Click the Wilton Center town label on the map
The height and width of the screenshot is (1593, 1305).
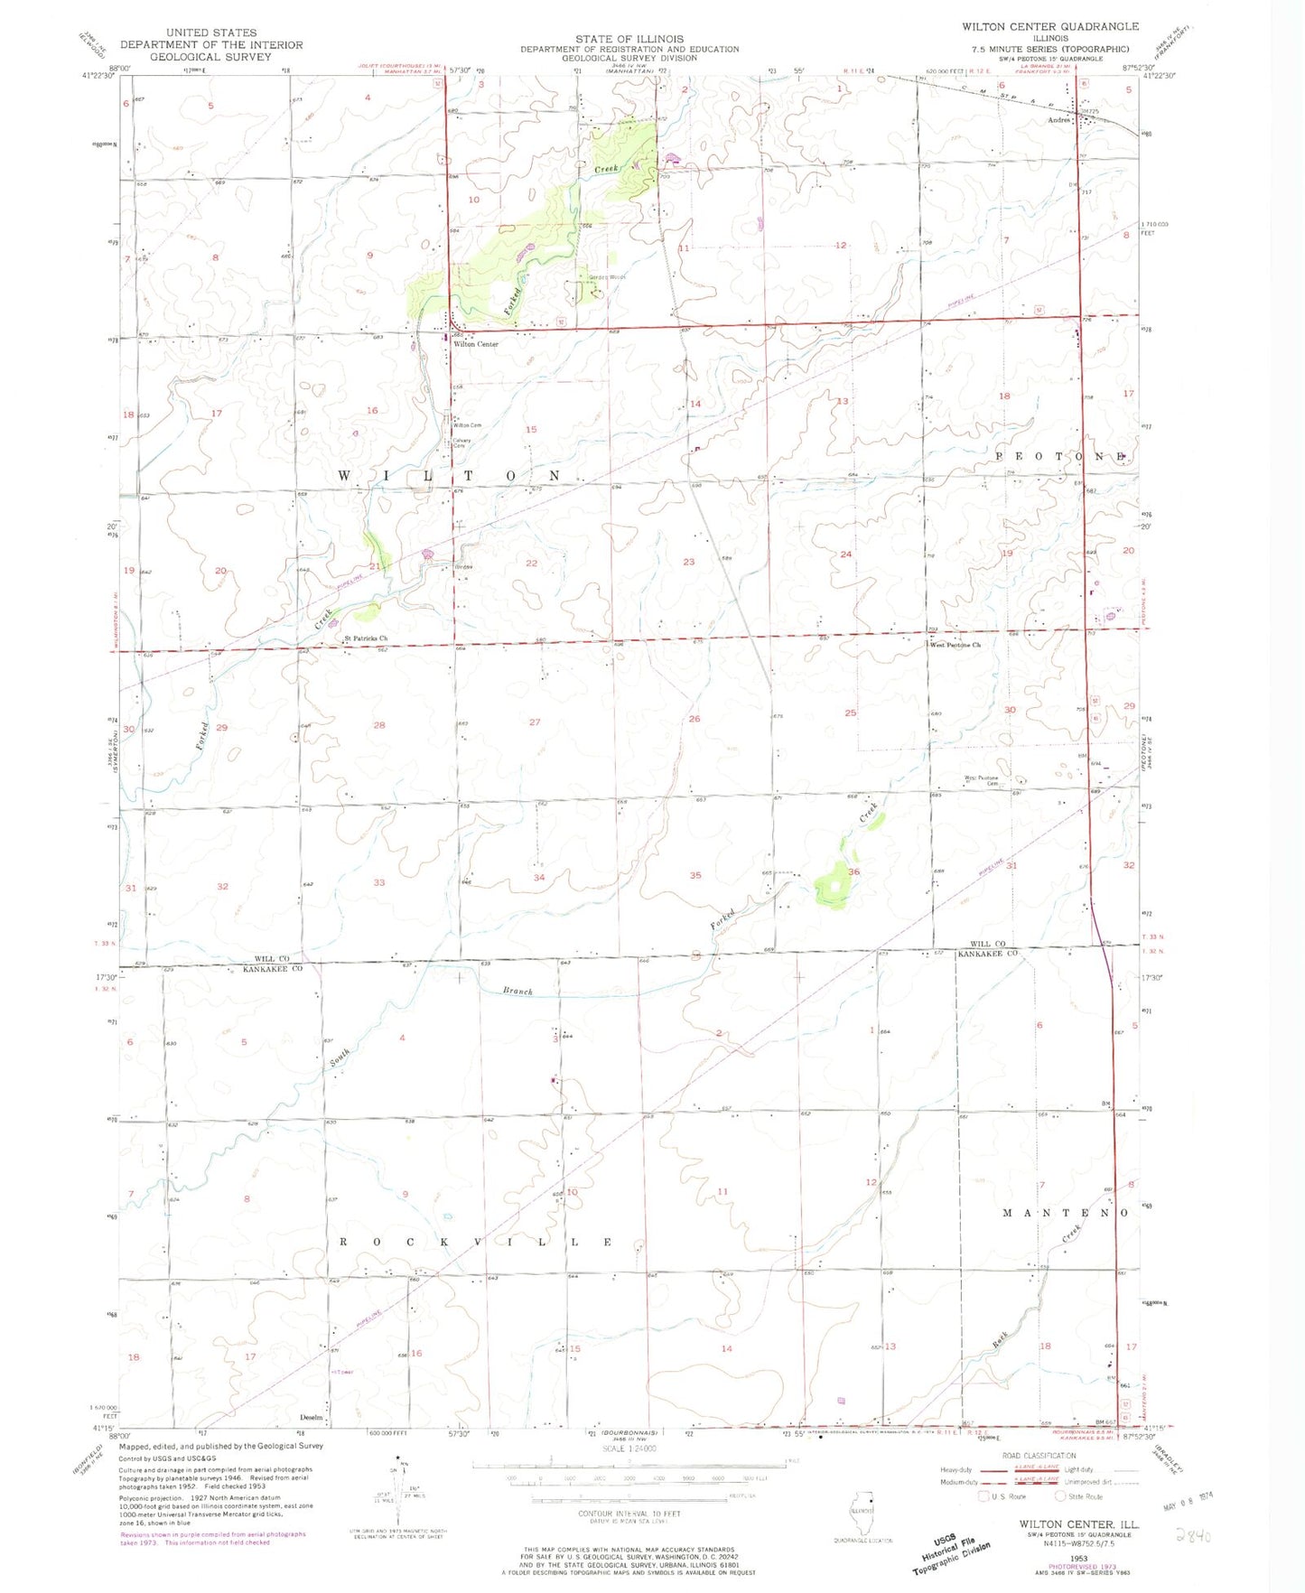click(476, 344)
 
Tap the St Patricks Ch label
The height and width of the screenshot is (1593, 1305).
click(365, 638)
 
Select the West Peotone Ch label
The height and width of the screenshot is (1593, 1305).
click(955, 645)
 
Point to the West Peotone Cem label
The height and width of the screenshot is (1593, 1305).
click(981, 780)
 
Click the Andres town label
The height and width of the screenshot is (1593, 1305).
click(1058, 120)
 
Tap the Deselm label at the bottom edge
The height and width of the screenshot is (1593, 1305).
click(312, 1417)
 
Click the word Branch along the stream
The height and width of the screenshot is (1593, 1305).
click(517, 991)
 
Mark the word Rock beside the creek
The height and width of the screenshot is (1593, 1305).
click(1000, 1342)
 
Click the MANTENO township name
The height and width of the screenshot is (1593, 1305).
click(1066, 1213)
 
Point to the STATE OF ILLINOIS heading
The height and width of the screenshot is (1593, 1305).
click(629, 39)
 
